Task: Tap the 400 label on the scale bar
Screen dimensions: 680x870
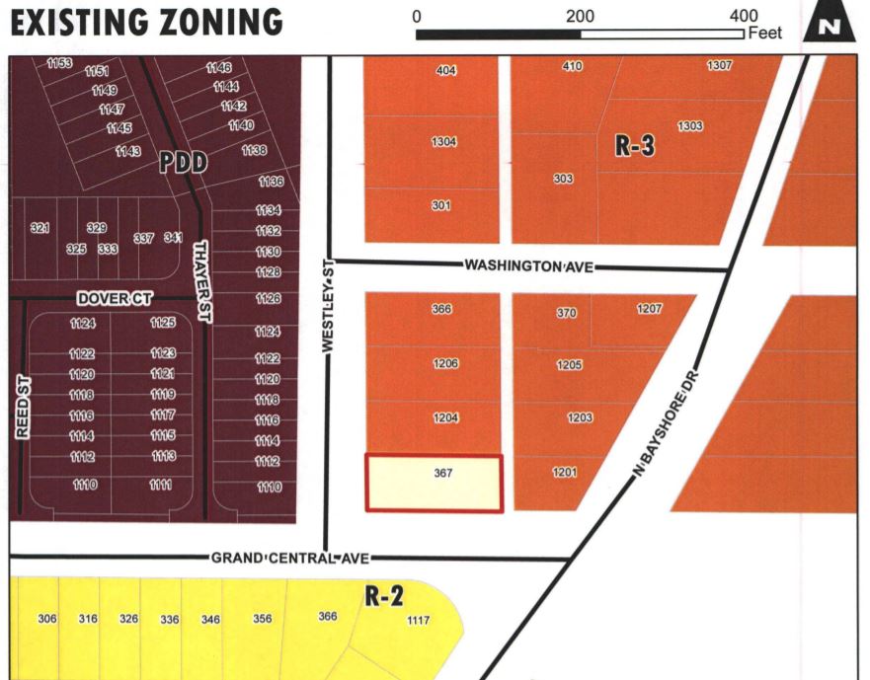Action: click(743, 15)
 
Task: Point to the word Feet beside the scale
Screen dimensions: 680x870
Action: click(766, 34)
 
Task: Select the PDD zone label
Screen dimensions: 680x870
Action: click(184, 163)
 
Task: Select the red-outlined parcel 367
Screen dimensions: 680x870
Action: click(435, 484)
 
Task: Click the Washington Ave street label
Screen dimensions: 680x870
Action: click(528, 266)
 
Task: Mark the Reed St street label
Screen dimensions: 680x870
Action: click(24, 406)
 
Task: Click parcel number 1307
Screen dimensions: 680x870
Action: click(720, 65)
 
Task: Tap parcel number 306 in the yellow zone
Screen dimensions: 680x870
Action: click(47, 619)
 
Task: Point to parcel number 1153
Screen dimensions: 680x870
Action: click(59, 63)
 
